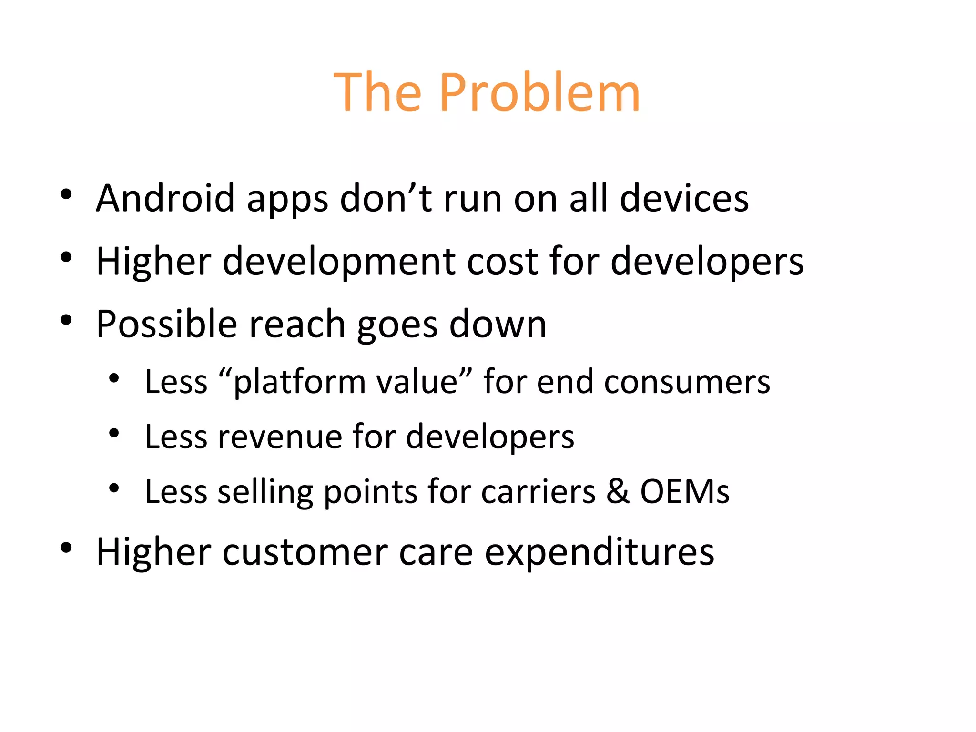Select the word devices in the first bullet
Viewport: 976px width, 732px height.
coord(684,198)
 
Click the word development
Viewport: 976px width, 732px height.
coord(339,262)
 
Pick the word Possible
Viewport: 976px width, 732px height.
coord(166,325)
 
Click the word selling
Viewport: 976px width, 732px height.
coord(265,492)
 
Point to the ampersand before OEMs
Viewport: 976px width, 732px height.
coord(618,492)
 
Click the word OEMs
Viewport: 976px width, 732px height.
coord(685,492)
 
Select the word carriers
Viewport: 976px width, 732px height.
coord(538,492)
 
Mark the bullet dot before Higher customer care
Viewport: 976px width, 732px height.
coord(66,548)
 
